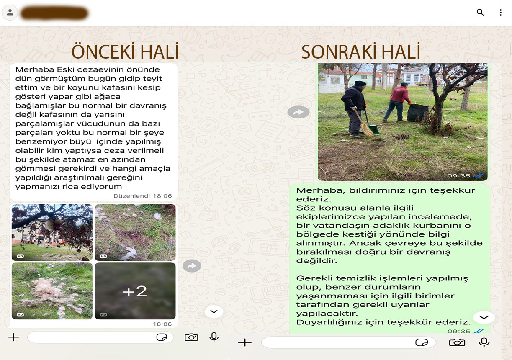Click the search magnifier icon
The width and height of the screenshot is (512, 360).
tap(480, 13)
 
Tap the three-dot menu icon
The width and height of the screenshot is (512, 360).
tap(500, 13)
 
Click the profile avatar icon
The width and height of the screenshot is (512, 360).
tap(10, 13)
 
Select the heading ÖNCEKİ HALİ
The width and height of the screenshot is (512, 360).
tap(125, 52)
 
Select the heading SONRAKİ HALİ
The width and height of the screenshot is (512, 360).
tap(360, 52)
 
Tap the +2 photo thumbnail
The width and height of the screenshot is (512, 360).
tap(135, 291)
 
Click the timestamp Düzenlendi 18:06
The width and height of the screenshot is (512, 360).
tap(142, 196)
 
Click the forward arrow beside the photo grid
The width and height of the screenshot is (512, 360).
tap(192, 266)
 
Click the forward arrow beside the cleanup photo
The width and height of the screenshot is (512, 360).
tap(298, 112)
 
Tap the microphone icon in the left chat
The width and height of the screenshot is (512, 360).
tap(214, 337)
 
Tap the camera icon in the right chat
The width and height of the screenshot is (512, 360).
tap(457, 342)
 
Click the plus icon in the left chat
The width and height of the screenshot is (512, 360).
tap(14, 337)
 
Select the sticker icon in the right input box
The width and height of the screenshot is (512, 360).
tap(422, 342)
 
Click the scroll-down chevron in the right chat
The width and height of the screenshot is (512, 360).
tap(484, 318)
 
